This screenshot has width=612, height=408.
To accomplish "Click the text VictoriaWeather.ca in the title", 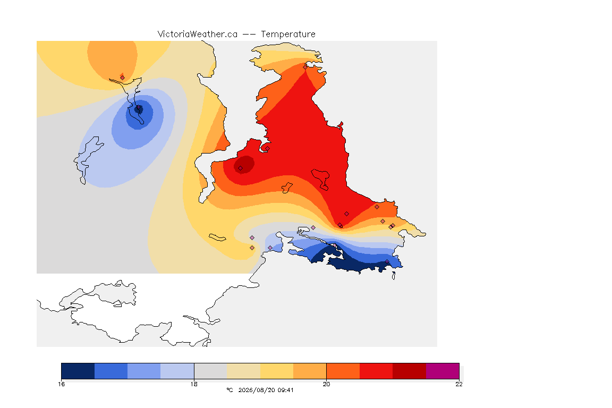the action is coord(198,35).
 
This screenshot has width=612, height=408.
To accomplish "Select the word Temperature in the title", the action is coord(288,35).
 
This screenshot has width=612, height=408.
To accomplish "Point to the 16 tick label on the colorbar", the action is coord(62,384).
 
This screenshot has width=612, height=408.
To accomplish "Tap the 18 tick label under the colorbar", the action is coord(194,384).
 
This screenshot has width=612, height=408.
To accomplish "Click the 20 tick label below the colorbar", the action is coord(326,384).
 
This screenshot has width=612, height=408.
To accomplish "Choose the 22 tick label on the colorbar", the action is coord(459,384).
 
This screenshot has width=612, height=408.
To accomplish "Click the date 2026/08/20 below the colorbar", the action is coord(256,390).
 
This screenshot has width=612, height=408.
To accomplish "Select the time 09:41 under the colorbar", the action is coord(285,390).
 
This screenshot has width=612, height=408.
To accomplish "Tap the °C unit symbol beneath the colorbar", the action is coord(229,390).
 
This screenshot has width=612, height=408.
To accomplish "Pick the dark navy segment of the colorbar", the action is coord(78,371).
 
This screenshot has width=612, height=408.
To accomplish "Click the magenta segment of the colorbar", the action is coord(443,371).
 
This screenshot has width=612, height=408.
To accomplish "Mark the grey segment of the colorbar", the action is coord(211,371).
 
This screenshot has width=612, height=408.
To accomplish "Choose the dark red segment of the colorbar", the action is coord(410,371).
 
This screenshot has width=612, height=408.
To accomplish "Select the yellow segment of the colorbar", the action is coord(277,371).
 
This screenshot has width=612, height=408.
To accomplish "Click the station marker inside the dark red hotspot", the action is coord(241,168).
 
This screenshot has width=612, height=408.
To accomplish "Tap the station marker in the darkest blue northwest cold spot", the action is coord(138,107).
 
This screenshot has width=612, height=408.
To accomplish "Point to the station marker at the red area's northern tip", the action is coord(305,67).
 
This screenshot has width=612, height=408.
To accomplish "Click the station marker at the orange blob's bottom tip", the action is coord(123,78).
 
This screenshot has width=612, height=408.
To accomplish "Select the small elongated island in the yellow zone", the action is coord(217,237).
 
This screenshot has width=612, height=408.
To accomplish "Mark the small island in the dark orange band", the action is coord(287,188).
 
